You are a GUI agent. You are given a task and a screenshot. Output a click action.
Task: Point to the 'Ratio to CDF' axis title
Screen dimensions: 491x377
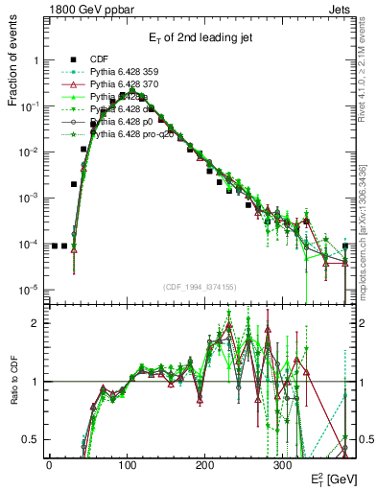(x=13, y=381)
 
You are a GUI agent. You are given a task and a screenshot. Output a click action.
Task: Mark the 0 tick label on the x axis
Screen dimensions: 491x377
(x=49, y=463)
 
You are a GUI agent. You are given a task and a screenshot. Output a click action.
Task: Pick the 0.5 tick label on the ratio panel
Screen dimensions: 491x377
(x=31, y=439)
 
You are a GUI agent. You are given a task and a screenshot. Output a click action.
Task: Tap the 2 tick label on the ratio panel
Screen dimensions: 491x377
(x=35, y=323)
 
